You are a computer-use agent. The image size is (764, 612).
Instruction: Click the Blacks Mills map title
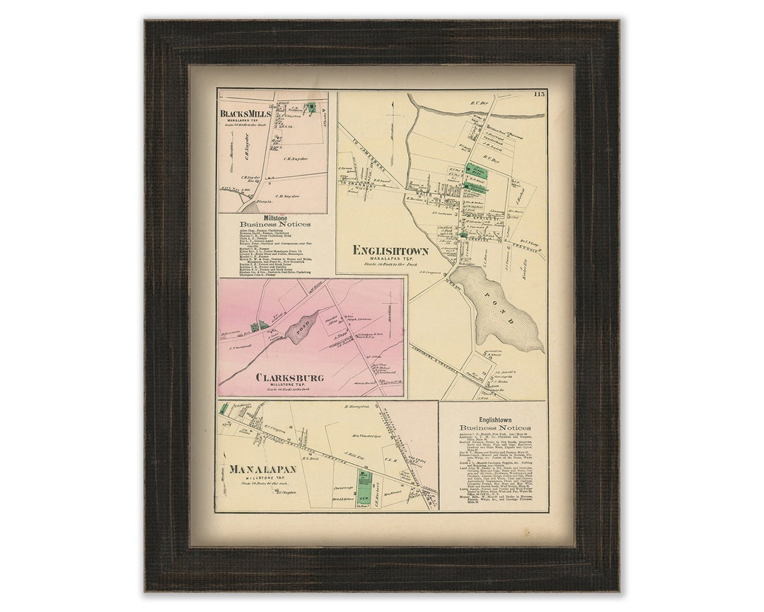[244, 113]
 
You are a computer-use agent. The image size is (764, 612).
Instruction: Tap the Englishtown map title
[390, 251]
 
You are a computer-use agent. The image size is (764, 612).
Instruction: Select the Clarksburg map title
[291, 378]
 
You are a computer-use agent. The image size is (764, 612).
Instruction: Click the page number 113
[540, 94]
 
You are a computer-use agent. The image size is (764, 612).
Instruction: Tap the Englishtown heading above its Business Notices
[494, 419]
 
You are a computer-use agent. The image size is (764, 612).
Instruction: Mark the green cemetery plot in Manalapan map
[364, 485]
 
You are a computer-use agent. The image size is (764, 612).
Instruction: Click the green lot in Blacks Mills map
[310, 108]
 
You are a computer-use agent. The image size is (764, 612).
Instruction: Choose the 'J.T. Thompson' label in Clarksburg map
[241, 348]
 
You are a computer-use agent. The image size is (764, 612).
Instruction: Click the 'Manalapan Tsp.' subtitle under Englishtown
[390, 261]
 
